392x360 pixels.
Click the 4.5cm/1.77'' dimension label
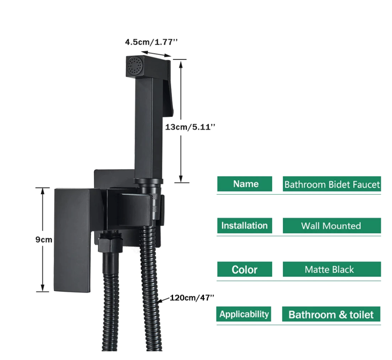(149, 42)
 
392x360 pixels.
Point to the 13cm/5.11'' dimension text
(190, 127)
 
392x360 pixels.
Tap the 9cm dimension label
(44, 240)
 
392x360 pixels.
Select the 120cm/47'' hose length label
(192, 297)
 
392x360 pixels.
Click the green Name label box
(245, 184)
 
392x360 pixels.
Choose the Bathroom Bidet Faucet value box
(332, 184)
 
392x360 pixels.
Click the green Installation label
(244, 226)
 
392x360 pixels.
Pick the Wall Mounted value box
(331, 226)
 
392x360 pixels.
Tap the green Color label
(244, 270)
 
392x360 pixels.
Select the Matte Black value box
(331, 270)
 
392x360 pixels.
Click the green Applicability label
(244, 315)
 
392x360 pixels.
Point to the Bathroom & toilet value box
(331, 315)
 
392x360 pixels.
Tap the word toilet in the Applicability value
(361, 315)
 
